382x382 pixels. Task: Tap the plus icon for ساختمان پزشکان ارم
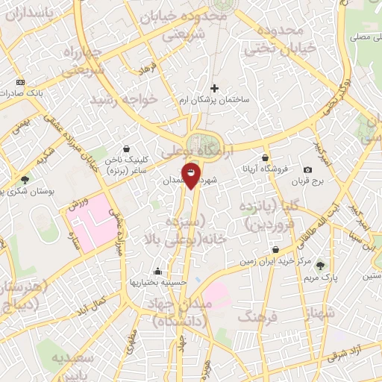pos(215,87)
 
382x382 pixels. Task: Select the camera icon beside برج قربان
pos(308,170)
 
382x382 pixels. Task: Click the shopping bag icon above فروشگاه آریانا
pos(265,157)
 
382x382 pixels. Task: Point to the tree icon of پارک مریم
pos(321,265)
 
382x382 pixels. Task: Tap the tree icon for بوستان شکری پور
pos(25,180)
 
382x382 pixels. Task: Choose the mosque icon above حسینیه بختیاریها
pos(157,272)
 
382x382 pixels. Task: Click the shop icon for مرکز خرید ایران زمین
pos(276,250)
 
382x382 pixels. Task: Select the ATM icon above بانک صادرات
pos(19,82)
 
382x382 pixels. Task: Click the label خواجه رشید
pos(125,100)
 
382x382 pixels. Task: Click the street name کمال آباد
pos(100,304)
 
